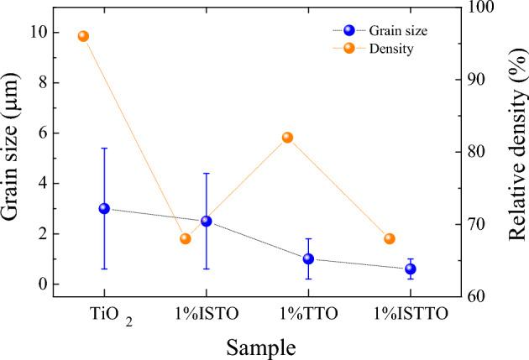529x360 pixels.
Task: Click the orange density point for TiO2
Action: (x=83, y=36)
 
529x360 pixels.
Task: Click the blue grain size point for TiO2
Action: (x=104, y=208)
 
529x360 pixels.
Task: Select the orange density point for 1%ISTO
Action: (x=186, y=238)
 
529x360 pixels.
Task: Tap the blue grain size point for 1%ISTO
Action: (x=207, y=221)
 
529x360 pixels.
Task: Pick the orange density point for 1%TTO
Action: (x=287, y=137)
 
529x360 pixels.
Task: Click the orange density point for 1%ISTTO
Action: (x=389, y=238)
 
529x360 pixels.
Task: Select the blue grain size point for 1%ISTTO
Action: (x=411, y=269)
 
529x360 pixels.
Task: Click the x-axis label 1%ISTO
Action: (x=207, y=315)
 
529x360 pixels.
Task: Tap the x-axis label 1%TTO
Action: (x=308, y=315)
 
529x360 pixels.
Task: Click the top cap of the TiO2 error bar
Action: (x=104, y=148)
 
